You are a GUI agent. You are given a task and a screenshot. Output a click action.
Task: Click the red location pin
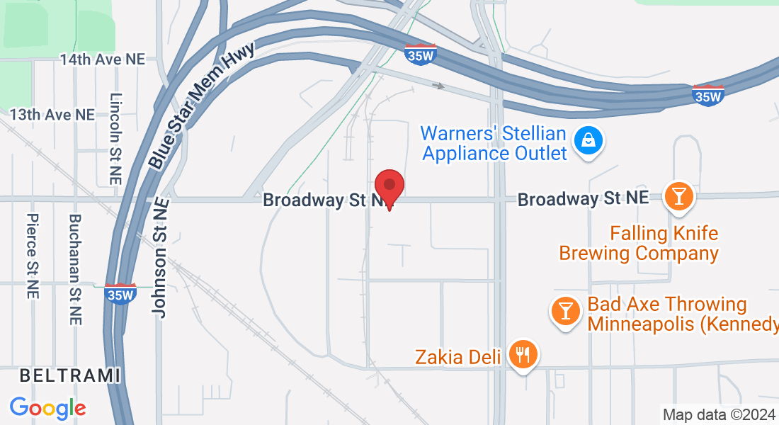(389, 188)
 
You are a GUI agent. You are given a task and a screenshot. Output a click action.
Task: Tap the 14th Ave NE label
(102, 59)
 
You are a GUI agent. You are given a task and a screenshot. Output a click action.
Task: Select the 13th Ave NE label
(52, 114)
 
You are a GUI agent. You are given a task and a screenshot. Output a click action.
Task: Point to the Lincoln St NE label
(116, 139)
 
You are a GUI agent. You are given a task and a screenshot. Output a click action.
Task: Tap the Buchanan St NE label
(75, 269)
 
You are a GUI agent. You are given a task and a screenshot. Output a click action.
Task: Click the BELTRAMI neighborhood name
(69, 375)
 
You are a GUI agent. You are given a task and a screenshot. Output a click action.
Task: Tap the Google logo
(48, 408)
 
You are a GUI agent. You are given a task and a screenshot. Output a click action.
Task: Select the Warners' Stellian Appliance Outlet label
(494, 143)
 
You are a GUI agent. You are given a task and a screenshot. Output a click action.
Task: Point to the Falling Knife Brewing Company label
(639, 243)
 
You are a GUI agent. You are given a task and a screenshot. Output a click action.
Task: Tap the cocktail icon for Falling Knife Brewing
(678, 195)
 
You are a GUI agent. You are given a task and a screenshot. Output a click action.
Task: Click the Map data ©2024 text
(719, 414)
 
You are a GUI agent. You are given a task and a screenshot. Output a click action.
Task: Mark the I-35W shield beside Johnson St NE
(120, 293)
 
